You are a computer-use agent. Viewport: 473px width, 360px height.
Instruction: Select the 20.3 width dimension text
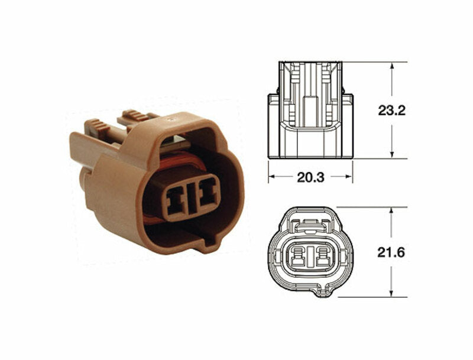tap(310, 177)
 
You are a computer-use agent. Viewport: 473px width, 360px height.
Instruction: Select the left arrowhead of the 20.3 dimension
tap(272, 177)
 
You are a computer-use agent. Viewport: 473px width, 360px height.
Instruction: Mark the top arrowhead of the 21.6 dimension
tap(391, 211)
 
